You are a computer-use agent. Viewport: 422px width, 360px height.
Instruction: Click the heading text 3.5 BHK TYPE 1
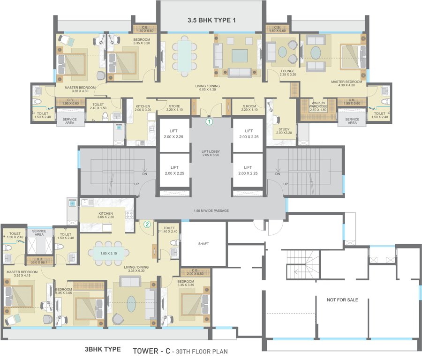click(210, 21)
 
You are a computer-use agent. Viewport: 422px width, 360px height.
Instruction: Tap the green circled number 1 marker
click(210, 121)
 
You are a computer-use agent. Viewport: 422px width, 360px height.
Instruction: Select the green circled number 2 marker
click(147, 225)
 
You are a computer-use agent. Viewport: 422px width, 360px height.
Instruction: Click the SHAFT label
click(203, 244)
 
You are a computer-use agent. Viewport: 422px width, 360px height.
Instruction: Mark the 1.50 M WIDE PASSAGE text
click(211, 210)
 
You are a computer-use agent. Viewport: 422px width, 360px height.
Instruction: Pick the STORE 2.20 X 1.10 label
click(174, 108)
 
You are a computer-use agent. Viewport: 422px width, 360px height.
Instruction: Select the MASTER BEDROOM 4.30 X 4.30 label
click(346, 83)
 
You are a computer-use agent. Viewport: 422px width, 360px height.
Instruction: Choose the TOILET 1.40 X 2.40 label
click(169, 230)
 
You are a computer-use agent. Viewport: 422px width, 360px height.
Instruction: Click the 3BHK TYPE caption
click(102, 349)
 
